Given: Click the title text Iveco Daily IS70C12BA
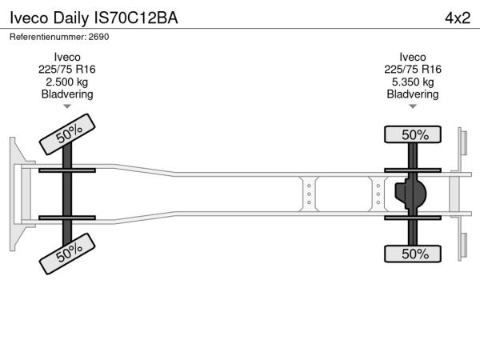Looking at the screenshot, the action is (94, 18).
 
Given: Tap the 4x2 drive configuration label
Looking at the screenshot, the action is (458, 18).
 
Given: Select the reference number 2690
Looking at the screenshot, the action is (98, 37).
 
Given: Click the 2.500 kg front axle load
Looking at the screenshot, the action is (66, 82).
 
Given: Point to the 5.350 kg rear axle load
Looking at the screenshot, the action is (413, 82).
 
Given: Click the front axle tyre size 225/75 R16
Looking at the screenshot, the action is (66, 70).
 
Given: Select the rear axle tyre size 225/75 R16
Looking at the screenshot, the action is (413, 70).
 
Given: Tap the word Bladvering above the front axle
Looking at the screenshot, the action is (67, 94).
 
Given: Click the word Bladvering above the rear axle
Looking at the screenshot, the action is (413, 94).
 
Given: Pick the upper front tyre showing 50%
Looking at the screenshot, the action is (67, 134).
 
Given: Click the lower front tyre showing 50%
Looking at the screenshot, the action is (67, 254).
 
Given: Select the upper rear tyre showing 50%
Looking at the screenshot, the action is (413, 134).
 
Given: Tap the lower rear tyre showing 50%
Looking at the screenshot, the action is (413, 254).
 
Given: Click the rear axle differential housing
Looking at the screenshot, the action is (410, 194).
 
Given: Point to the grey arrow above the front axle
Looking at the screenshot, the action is (67, 106).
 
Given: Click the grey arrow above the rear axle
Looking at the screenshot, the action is (413, 106).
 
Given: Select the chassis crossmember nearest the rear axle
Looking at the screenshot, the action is (378, 194).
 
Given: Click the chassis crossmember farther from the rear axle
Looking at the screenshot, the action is (309, 194).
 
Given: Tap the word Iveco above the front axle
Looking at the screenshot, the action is (67, 58).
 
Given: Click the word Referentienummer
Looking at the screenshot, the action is (48, 37).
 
